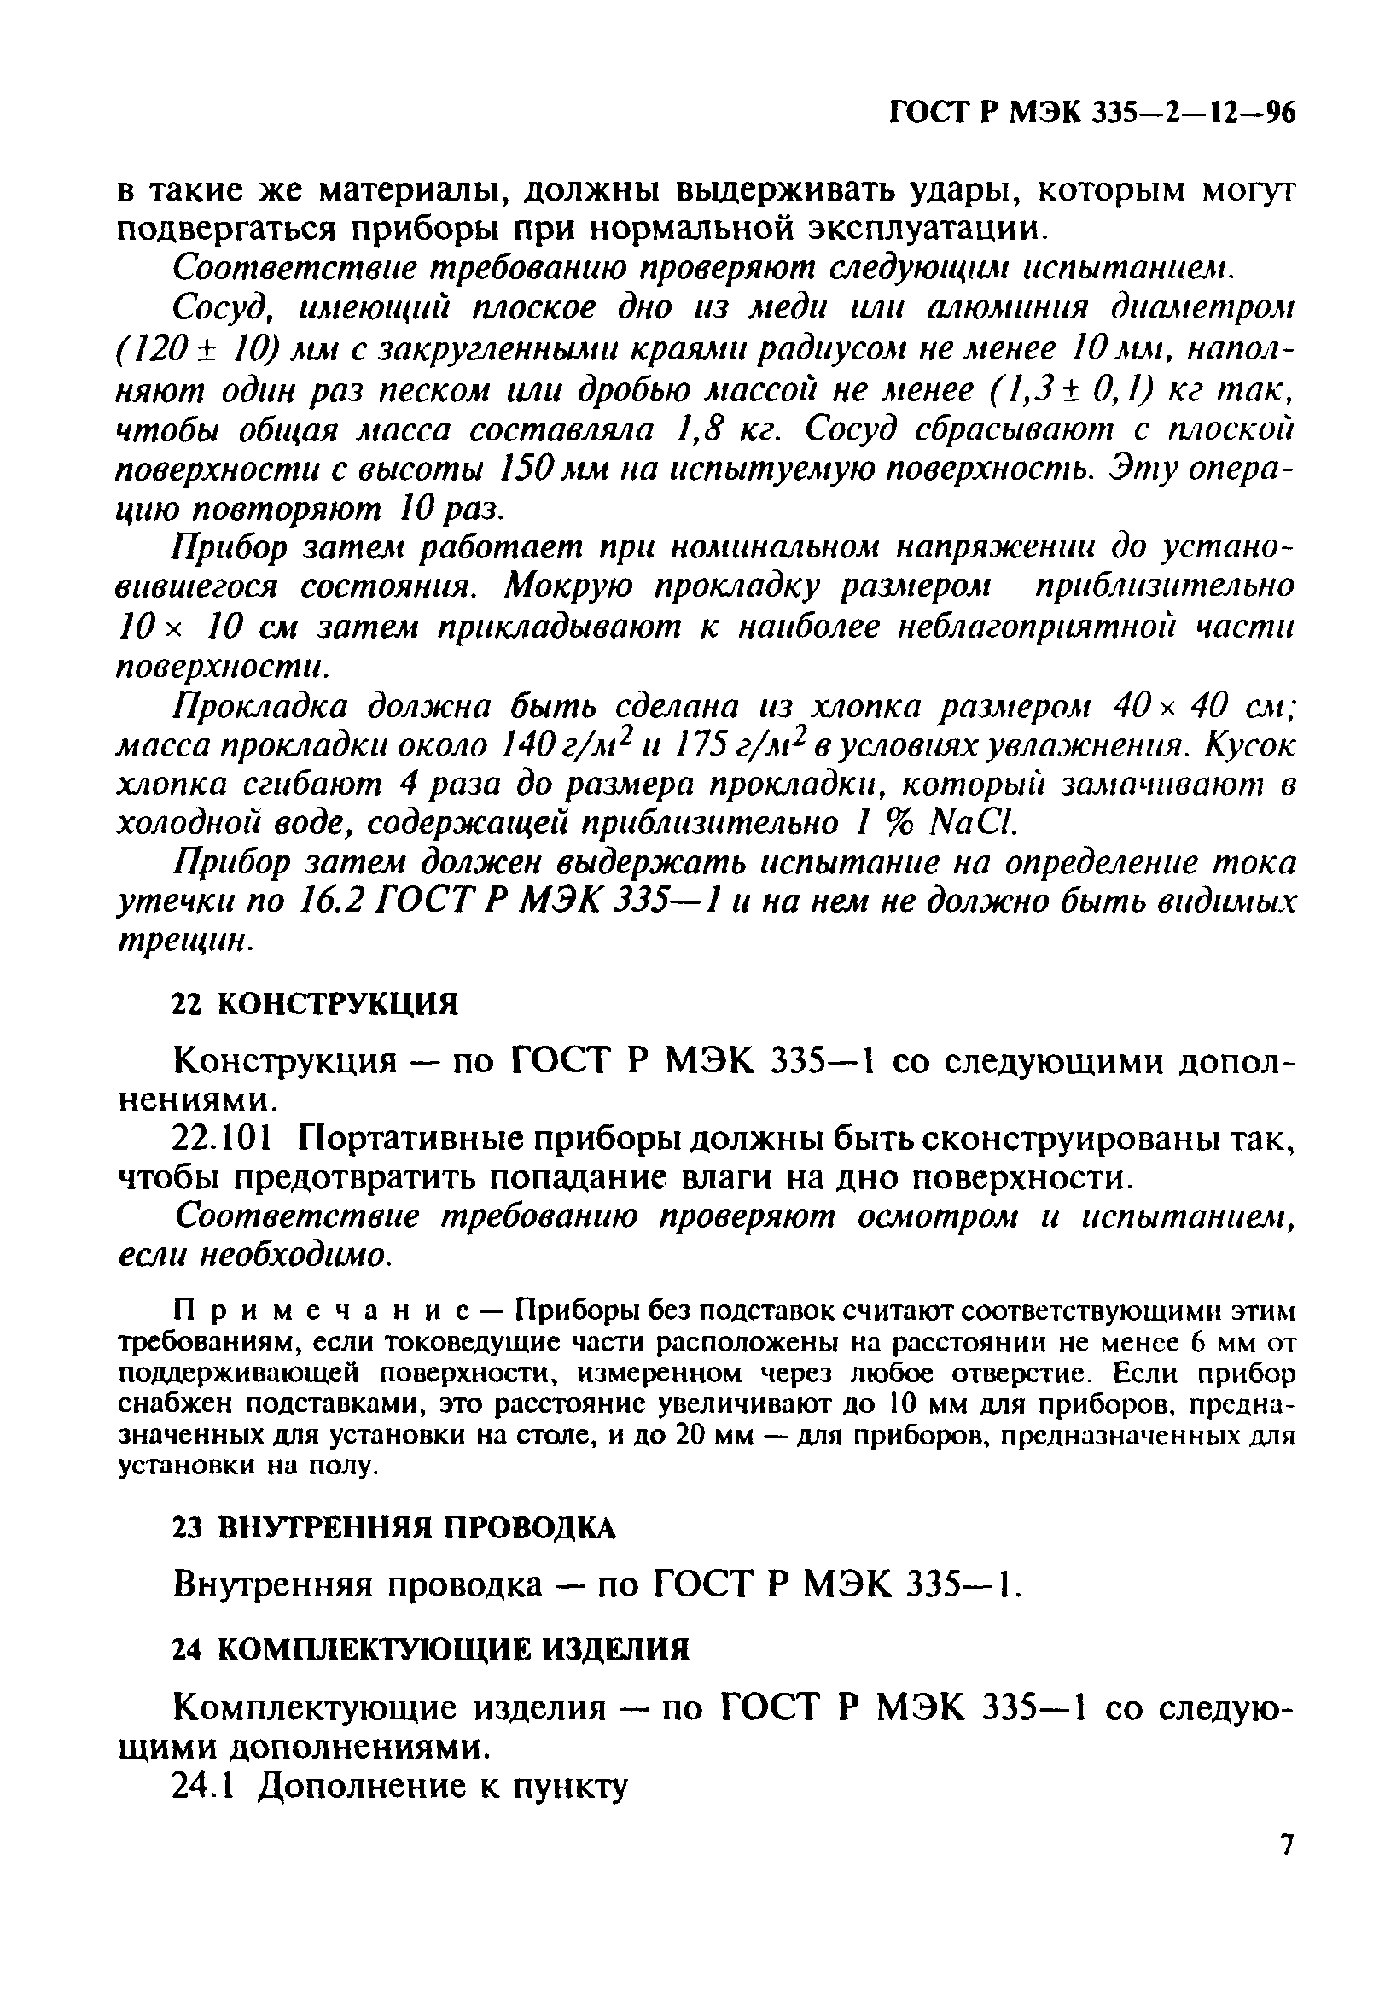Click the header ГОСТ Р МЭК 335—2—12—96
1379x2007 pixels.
point(1092,114)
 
